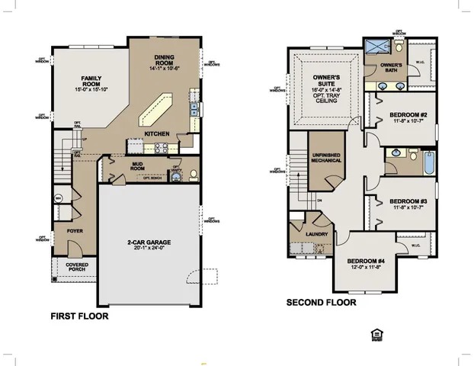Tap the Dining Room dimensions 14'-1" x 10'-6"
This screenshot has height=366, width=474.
(x=165, y=68)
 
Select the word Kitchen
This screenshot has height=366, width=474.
(x=157, y=133)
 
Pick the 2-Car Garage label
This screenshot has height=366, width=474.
(x=149, y=243)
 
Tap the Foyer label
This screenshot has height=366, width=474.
(x=75, y=230)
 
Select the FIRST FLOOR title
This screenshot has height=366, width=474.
(x=79, y=316)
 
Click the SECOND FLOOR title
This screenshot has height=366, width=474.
(x=321, y=303)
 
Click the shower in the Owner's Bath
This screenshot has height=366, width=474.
(x=377, y=47)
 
